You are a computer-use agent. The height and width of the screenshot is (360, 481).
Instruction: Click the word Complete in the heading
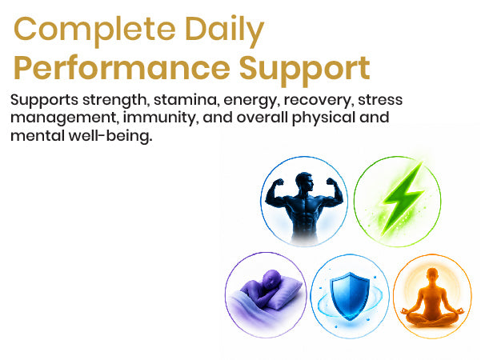click(94, 30)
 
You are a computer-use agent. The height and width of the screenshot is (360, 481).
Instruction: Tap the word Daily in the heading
click(225, 30)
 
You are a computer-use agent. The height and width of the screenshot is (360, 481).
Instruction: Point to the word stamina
click(186, 100)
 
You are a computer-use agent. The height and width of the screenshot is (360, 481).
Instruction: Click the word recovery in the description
click(317, 101)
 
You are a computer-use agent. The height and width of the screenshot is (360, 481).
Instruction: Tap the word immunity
click(159, 118)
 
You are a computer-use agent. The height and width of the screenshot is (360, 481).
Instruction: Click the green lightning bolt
click(402, 199)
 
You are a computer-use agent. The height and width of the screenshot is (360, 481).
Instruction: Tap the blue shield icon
click(350, 296)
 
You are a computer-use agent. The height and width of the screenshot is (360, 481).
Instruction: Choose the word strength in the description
click(116, 101)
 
